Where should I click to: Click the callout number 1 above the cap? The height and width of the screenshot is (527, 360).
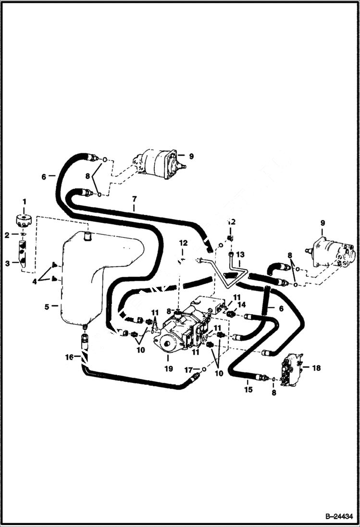(x=24, y=201)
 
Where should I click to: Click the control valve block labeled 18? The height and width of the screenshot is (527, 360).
(x=291, y=370)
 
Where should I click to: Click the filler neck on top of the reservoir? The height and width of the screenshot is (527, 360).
(x=87, y=235)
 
